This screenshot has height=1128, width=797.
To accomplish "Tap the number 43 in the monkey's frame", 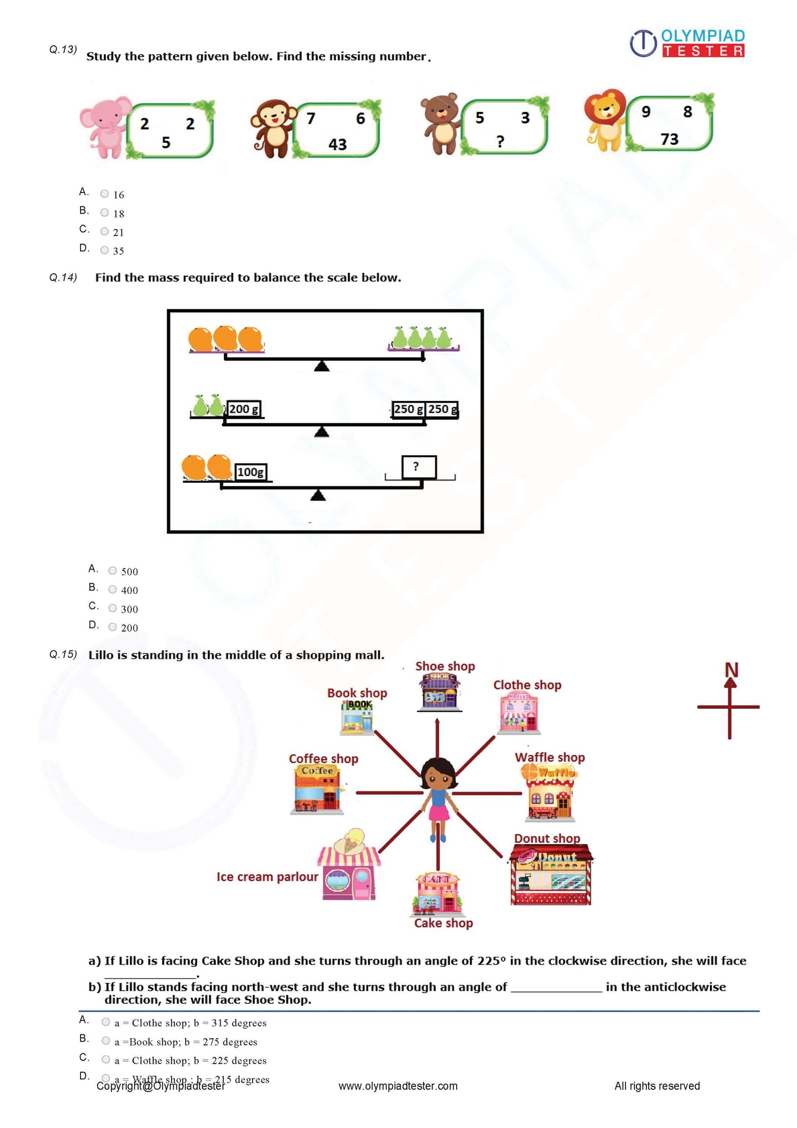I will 338,145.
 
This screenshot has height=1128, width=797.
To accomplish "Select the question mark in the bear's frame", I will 500,142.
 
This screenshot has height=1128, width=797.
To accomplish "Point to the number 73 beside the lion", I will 669,139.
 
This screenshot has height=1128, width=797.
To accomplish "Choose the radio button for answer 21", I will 104,232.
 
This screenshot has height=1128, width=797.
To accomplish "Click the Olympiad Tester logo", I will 687,44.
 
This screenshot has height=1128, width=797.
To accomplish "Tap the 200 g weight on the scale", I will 244,409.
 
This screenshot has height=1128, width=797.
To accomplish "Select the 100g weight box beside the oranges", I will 251,472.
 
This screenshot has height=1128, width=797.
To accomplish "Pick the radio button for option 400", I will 113,590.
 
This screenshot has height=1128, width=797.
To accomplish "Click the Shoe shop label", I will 445,666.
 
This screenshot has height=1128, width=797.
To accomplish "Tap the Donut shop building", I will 550,876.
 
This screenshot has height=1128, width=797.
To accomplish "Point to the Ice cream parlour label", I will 267,876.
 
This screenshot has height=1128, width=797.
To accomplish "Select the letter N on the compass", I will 731,670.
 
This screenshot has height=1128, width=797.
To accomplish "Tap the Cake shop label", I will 443,923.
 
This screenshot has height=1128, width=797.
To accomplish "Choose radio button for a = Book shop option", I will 106,1041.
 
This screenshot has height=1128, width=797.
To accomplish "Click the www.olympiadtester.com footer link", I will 398,1086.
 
